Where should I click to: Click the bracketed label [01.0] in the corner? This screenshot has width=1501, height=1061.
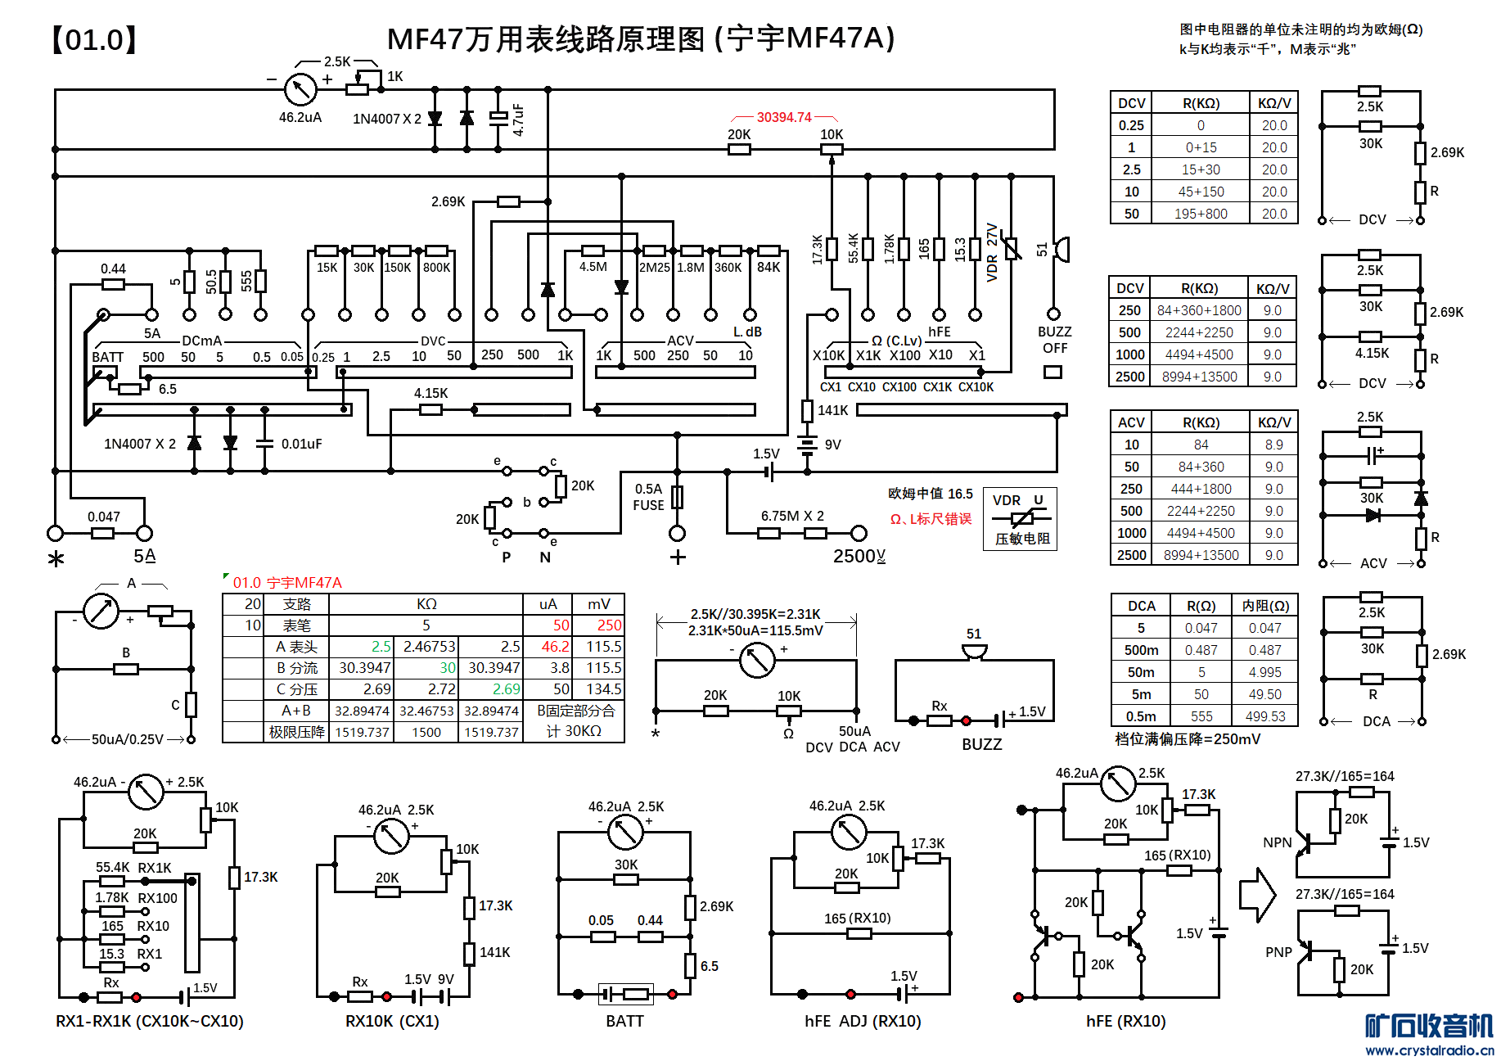pos(93,39)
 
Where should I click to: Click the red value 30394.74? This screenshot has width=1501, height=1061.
pos(784,117)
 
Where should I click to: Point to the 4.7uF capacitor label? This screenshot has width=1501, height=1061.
pos(518,120)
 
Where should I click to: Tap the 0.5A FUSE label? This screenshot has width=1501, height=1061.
pos(648,497)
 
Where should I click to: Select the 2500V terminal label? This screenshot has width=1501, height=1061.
pos(859,556)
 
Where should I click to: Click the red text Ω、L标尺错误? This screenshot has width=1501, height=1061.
pos(931,519)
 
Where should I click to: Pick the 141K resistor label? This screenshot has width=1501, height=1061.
pos(832,410)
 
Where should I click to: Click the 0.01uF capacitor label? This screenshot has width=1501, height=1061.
pos(301,444)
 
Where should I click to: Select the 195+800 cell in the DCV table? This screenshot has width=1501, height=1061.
pos(1201,214)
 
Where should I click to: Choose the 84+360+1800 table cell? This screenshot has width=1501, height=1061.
pos(1199,310)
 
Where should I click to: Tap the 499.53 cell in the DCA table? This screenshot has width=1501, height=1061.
pos(1265,716)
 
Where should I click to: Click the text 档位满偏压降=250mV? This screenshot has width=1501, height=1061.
pos(1188,739)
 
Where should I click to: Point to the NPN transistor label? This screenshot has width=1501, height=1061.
pos(1277,842)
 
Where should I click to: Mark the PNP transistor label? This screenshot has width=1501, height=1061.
pos(1278,952)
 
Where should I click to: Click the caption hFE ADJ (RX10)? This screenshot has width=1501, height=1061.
pos(863,1021)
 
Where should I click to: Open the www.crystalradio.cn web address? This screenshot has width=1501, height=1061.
pos(1429,1050)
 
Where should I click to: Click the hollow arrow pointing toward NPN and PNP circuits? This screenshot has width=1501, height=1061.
pos(1257,895)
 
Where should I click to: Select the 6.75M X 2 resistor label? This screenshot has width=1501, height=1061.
pos(792,516)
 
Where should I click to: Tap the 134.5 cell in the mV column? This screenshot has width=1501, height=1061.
pos(603,689)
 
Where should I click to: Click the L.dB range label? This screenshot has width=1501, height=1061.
pos(747,332)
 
